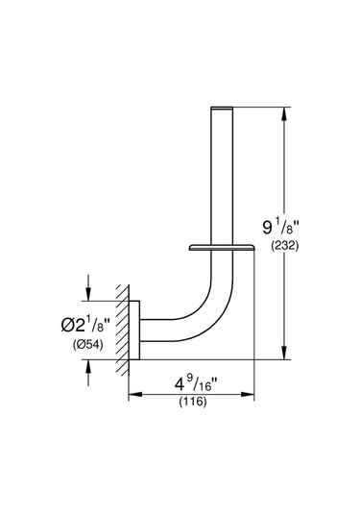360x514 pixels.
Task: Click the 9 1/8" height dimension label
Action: point(281,227)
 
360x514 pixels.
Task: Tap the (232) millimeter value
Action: point(285,246)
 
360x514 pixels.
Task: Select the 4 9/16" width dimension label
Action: point(196,384)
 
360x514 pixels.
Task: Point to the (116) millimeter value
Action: point(193,402)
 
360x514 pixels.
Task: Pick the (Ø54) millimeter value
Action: point(87,344)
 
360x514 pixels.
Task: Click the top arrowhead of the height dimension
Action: point(284,114)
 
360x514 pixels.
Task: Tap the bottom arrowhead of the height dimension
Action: point(284,353)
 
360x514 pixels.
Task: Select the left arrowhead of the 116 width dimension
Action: point(135,394)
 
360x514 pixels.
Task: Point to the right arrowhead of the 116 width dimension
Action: point(248,394)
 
